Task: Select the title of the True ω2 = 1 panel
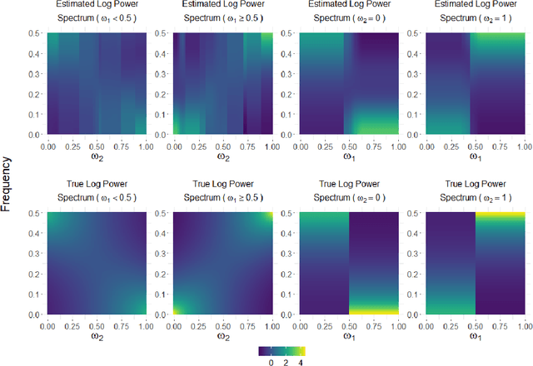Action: (475, 193)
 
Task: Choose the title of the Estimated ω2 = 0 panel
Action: (347, 12)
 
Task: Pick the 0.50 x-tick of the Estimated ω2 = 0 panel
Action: (347, 144)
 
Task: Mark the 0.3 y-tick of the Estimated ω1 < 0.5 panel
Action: (37, 73)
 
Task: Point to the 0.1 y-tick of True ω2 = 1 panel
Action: (418, 294)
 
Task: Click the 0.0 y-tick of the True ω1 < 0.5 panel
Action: (37, 314)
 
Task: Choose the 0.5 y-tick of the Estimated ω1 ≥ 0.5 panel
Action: (164, 33)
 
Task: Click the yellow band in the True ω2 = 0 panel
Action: (373, 309)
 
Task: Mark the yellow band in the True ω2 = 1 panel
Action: (500, 215)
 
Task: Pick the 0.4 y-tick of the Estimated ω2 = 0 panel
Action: (291, 53)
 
